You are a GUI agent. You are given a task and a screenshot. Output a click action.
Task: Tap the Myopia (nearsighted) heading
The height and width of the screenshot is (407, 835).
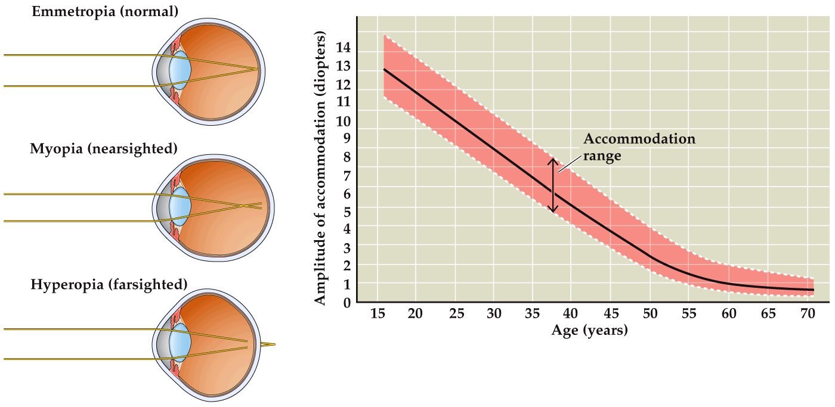click(x=104, y=148)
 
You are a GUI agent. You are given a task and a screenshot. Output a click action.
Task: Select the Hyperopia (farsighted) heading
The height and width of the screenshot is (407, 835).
click(x=109, y=284)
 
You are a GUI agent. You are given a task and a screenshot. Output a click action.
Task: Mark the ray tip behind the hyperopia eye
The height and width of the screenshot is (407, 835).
click(x=274, y=344)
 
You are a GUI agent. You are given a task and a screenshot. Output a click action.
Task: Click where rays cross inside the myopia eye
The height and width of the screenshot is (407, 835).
click(x=244, y=206)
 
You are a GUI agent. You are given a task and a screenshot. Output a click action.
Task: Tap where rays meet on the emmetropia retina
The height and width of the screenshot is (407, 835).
click(x=258, y=70)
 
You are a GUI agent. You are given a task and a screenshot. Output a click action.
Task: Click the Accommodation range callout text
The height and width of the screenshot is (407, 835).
click(x=639, y=147)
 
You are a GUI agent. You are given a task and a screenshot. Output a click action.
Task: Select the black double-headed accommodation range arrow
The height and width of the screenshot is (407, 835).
click(x=553, y=185)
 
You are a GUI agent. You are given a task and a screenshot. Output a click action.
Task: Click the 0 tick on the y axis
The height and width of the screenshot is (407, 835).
click(x=347, y=302)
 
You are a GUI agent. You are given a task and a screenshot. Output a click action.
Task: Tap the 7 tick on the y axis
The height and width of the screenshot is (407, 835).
click(x=347, y=175)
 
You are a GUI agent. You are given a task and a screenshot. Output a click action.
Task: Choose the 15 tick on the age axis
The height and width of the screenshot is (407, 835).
click(x=377, y=314)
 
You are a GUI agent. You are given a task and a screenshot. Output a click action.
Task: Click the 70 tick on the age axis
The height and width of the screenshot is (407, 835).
click(x=806, y=314)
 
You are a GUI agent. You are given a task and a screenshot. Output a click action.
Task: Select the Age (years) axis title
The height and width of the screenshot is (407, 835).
click(x=589, y=330)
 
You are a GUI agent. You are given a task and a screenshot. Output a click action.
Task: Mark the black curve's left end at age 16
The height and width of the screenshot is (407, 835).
click(x=384, y=70)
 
